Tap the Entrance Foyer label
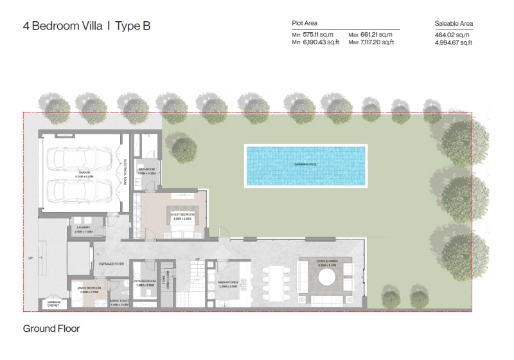click(111, 264)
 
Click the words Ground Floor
click(51, 329)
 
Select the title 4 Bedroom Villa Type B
click(87, 28)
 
